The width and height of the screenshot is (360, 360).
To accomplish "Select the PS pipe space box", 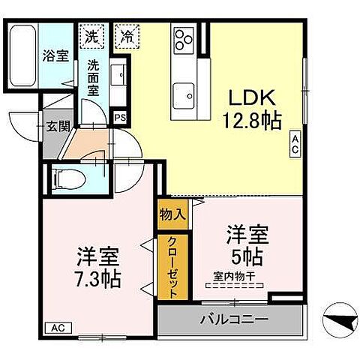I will (x=120, y=117).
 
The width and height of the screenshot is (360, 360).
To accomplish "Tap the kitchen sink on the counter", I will (x=184, y=95).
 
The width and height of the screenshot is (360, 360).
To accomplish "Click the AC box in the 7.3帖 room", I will (x=58, y=326).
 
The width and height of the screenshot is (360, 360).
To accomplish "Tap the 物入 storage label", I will (x=172, y=214).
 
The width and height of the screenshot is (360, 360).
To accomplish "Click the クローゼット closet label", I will (x=172, y=268).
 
